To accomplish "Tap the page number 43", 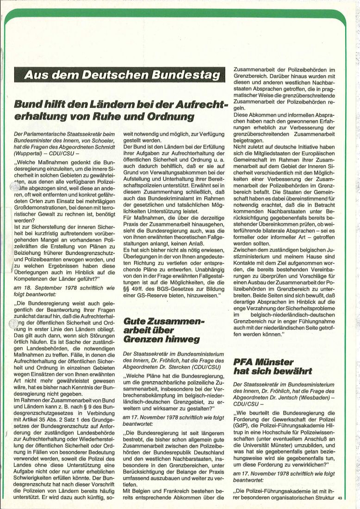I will [x=340, y=498].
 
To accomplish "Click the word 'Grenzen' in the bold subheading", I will [x=143, y=340].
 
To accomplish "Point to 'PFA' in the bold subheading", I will [x=244, y=361].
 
